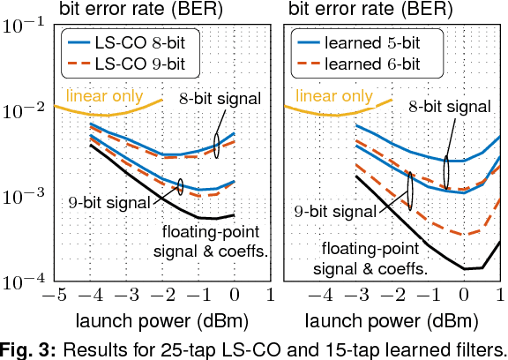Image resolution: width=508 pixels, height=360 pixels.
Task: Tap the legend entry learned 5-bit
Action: click(366, 42)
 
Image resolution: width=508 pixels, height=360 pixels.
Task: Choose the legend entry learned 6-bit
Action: click(366, 64)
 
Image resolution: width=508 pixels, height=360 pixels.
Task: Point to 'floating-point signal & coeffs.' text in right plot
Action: click(374, 257)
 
